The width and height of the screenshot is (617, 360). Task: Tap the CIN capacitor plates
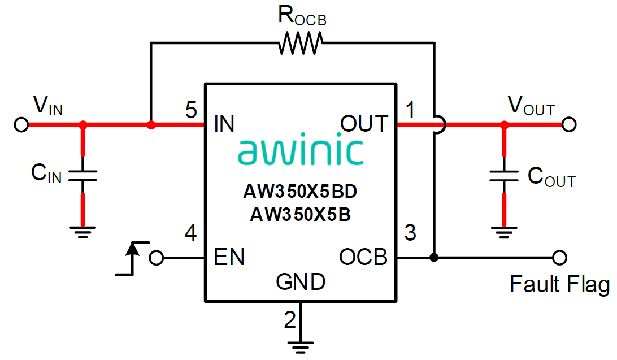(x=83, y=176)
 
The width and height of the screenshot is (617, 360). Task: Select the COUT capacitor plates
(x=503, y=176)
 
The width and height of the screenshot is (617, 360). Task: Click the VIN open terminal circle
(x=21, y=125)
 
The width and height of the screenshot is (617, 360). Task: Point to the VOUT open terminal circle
(x=568, y=124)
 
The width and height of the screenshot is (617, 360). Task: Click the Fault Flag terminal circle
(x=559, y=258)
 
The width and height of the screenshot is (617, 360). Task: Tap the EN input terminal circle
(x=157, y=258)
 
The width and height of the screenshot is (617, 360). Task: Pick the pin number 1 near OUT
(x=411, y=110)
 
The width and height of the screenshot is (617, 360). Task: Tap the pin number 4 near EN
(x=192, y=233)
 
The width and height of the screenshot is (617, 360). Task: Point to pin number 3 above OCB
(x=411, y=233)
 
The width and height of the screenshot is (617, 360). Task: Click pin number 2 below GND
(x=290, y=320)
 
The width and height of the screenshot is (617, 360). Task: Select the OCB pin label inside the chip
(x=363, y=257)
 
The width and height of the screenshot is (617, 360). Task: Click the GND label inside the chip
(x=301, y=281)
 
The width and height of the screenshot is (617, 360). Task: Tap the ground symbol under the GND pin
(x=301, y=346)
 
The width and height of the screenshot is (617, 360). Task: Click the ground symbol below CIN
(x=83, y=232)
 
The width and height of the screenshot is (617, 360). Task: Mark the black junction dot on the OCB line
(x=434, y=258)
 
